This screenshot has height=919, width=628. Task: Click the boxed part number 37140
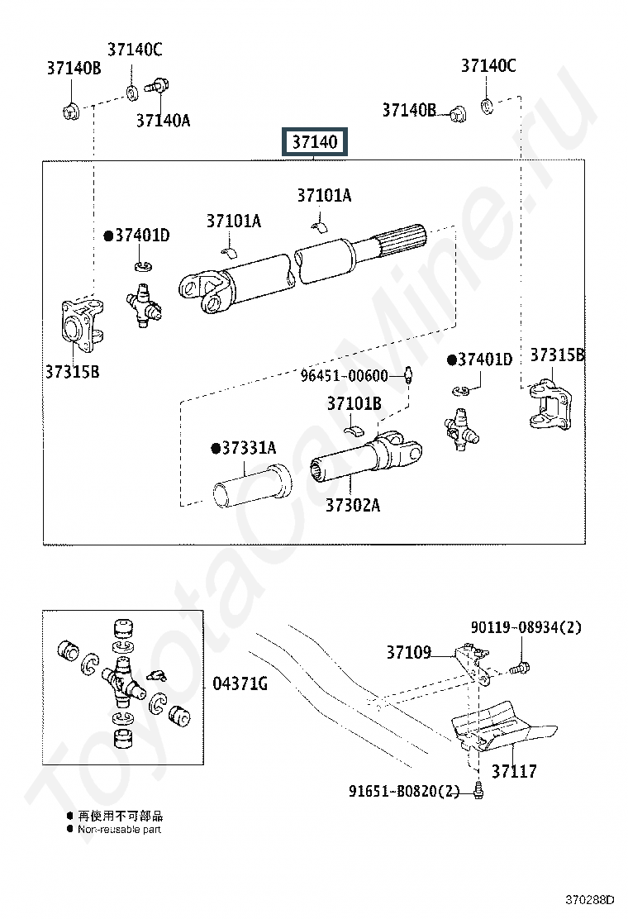click(315, 142)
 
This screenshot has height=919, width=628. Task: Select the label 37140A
click(164, 120)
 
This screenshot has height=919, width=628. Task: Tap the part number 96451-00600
click(345, 375)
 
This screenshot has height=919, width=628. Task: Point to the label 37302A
click(353, 505)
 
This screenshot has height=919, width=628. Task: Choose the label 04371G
click(240, 683)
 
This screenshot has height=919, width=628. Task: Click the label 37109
click(409, 652)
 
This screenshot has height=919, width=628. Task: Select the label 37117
click(514, 771)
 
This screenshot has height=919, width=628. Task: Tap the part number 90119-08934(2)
click(526, 627)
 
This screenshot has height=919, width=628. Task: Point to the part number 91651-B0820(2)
click(404, 791)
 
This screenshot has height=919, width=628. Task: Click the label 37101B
click(354, 403)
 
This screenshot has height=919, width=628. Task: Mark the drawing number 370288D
click(590, 900)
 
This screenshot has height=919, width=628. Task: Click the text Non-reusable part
click(120, 829)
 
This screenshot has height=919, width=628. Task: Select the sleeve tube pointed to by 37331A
click(252, 487)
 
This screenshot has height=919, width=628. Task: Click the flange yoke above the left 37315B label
click(82, 325)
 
